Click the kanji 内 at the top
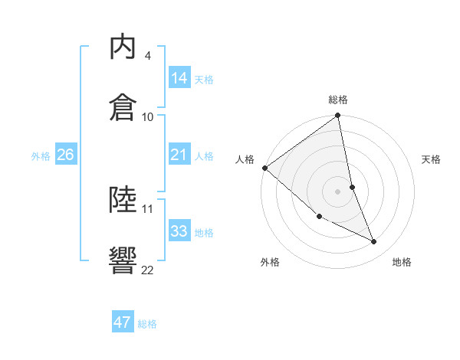pos(123,47)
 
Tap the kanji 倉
pos(123,106)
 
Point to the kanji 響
pos(123,260)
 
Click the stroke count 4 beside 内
pos(147,56)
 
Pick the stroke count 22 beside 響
pos(147,270)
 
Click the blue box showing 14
pos(179,77)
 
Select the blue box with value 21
pos(179,155)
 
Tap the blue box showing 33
pos(179,231)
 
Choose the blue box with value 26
pos(66,155)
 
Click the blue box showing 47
pos(123,322)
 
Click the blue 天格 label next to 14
pos(204,79)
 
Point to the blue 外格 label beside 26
pos(41,156)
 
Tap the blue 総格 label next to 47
pos(147,324)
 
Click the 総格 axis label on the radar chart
pos(338,100)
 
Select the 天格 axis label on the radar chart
pos(432,159)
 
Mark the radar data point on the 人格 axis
pos(264,168)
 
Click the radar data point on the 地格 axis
pos(374,242)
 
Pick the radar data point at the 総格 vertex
pos(338,116)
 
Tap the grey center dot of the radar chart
pos(338,191)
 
